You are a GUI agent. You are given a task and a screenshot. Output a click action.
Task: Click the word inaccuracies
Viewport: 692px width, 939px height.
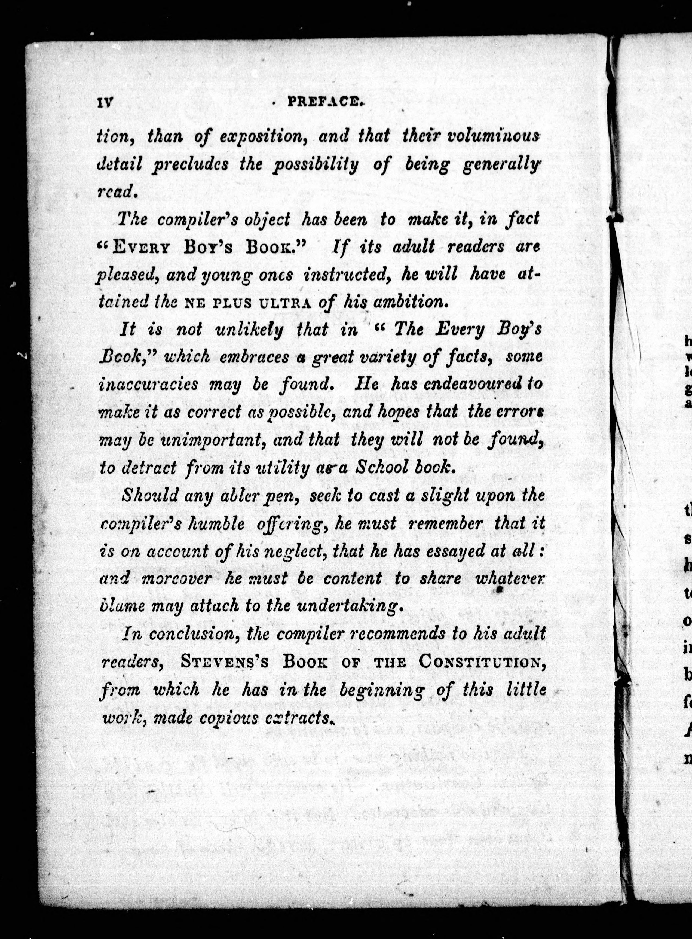coord(148,385)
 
